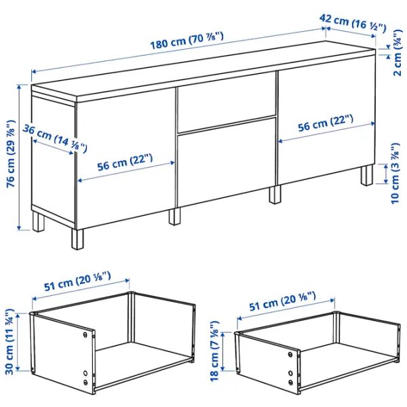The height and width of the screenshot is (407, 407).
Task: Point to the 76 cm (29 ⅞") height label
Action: tap(12, 156)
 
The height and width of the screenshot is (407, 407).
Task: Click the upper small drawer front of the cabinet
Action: tap(226, 101)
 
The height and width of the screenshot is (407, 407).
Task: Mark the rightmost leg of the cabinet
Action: tap(367, 175)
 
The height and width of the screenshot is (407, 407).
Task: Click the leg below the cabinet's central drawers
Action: tap(275, 195)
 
